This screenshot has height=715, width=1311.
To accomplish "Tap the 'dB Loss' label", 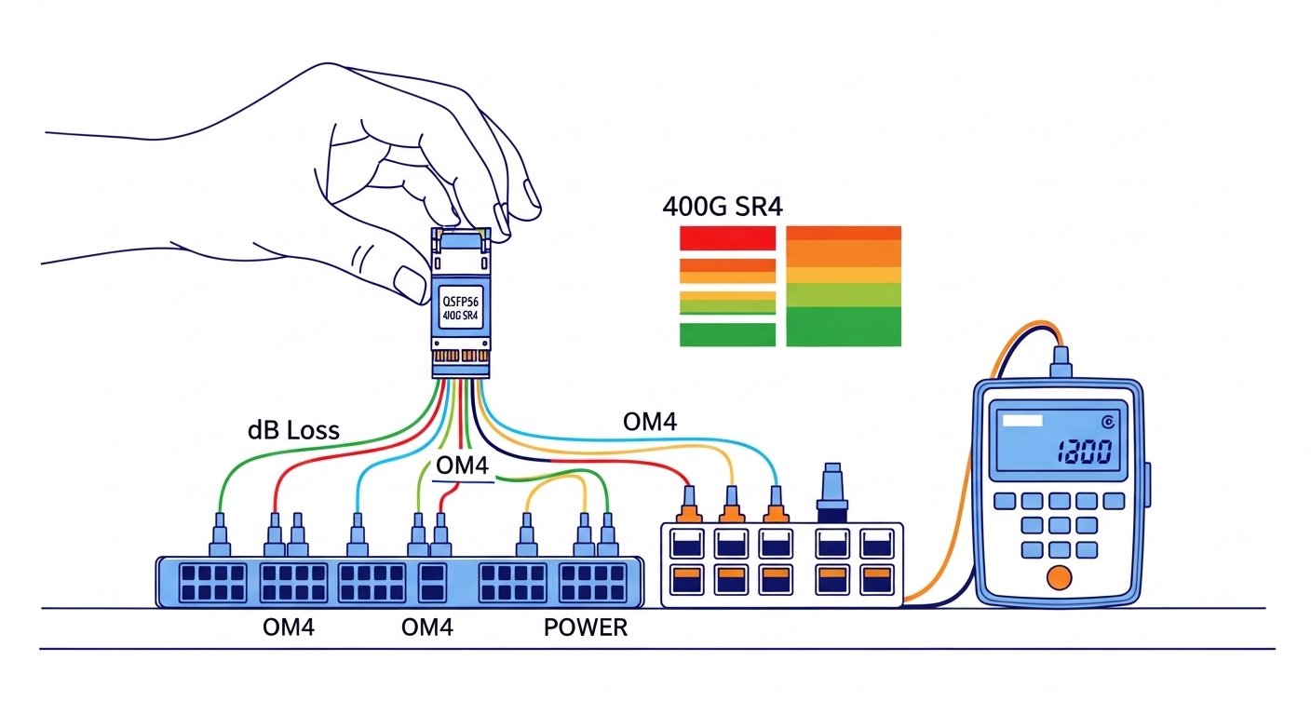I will click(x=293, y=430).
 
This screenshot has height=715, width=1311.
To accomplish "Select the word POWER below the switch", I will click(x=585, y=627).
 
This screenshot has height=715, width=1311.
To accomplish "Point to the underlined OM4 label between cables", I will click(x=463, y=465).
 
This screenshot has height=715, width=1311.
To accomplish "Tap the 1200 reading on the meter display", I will click(x=1085, y=452).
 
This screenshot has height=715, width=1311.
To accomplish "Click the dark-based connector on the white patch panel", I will click(x=831, y=492).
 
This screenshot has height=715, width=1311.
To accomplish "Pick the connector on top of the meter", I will click(x=1059, y=361).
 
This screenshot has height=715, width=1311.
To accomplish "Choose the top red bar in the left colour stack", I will click(x=727, y=238).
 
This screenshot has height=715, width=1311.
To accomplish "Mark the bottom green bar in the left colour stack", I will click(x=727, y=334).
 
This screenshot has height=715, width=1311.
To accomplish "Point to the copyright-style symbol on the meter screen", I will click(x=1107, y=421).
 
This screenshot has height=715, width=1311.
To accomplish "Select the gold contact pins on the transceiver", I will click(x=460, y=356).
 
